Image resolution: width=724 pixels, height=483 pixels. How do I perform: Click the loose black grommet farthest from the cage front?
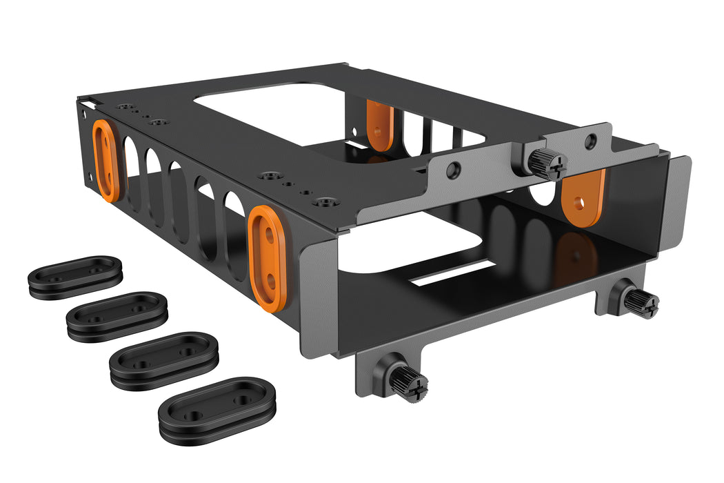[x=75, y=277]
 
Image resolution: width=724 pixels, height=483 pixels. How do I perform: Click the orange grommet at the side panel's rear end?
[x=105, y=160]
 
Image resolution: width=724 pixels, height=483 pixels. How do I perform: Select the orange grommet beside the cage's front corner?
[x=267, y=255]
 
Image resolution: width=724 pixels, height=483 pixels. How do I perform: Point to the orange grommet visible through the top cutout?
[x=379, y=124]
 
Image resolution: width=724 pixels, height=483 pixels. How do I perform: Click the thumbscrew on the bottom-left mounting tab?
[x=407, y=382]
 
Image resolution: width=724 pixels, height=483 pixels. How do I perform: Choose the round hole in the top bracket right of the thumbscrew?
[x=590, y=141]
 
